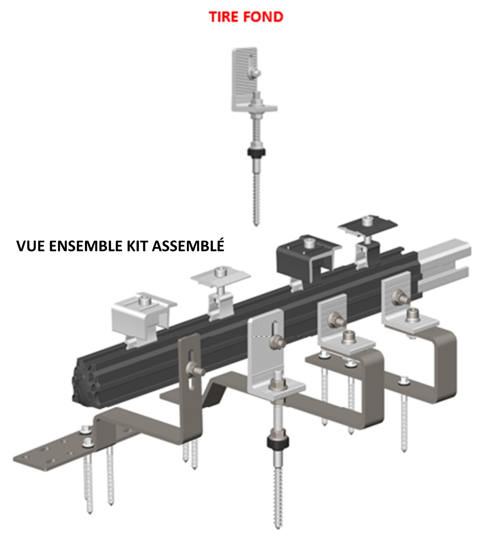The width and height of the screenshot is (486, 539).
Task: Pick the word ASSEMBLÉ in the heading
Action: pos(189,246)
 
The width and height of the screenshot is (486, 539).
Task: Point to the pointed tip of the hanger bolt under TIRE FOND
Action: pos(256,222)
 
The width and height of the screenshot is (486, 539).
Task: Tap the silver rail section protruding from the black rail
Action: pos(445,265)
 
